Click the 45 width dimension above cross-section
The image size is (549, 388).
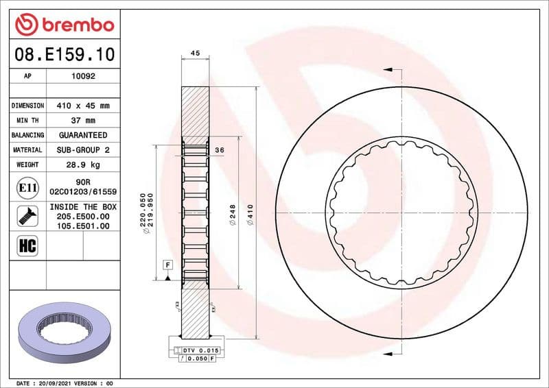[x=195, y=53]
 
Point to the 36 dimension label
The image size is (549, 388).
[x=220, y=149]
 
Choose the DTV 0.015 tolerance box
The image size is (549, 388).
[x=200, y=350]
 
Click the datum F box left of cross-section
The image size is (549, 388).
[x=167, y=265]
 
